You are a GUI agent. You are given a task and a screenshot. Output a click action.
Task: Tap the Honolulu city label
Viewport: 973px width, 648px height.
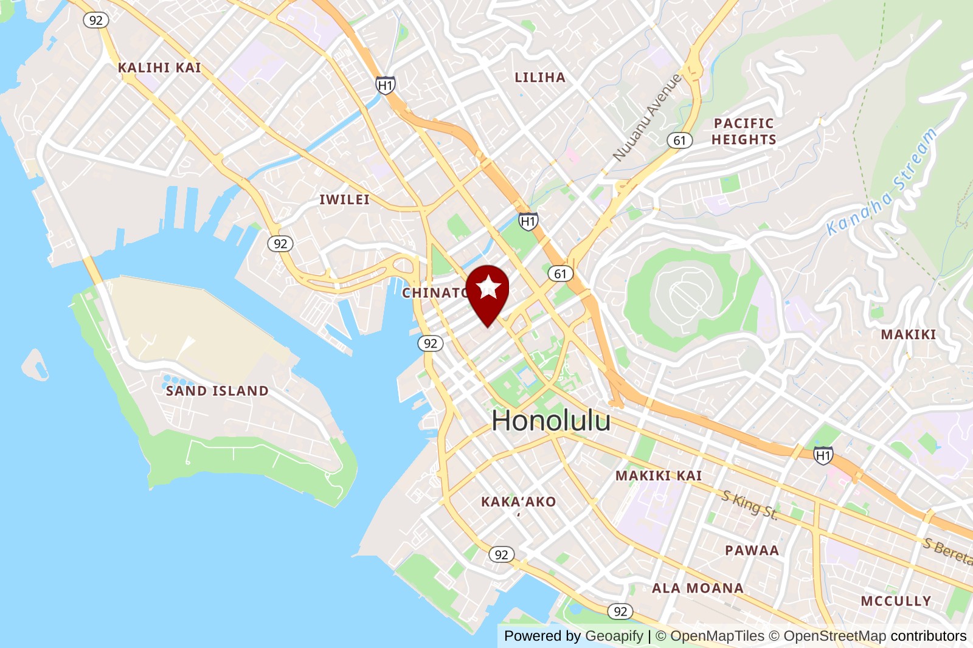[551, 421]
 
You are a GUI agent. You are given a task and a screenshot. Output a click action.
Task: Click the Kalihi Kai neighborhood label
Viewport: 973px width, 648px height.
[159, 68]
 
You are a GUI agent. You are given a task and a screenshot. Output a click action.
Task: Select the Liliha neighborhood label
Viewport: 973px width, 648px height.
[540, 78]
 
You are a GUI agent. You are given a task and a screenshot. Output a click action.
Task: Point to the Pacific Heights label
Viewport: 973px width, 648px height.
[744, 131]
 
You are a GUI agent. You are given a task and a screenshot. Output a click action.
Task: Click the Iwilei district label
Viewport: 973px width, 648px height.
[344, 200]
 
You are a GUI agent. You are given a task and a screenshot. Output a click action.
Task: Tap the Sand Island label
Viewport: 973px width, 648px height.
[217, 391]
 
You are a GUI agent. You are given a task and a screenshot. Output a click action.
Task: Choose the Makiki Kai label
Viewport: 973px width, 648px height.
[659, 476]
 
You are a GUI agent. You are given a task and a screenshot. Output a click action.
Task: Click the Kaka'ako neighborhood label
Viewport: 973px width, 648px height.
[518, 502]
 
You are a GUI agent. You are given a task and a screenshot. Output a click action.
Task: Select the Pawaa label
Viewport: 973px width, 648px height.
[752, 551]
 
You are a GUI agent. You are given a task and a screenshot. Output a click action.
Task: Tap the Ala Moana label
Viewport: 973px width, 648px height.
[698, 588]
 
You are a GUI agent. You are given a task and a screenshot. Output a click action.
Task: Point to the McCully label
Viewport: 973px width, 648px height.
[896, 601]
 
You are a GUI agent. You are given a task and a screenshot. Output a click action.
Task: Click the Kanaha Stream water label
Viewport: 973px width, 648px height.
[882, 182]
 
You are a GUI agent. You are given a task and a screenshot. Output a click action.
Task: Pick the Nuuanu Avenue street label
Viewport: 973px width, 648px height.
[647, 118]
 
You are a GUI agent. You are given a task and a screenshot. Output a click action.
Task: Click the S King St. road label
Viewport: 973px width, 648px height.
[750, 505]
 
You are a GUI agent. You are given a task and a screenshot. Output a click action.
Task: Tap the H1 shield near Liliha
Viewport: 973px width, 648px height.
[385, 86]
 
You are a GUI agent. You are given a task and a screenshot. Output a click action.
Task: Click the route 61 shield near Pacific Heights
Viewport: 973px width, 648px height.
[679, 140]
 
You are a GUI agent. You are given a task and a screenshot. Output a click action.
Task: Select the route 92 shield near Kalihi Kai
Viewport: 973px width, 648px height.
[95, 20]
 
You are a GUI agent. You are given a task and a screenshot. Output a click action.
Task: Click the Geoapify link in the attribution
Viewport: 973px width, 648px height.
[614, 636]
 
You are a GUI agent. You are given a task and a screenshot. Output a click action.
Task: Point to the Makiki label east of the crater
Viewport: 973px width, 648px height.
[908, 335]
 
